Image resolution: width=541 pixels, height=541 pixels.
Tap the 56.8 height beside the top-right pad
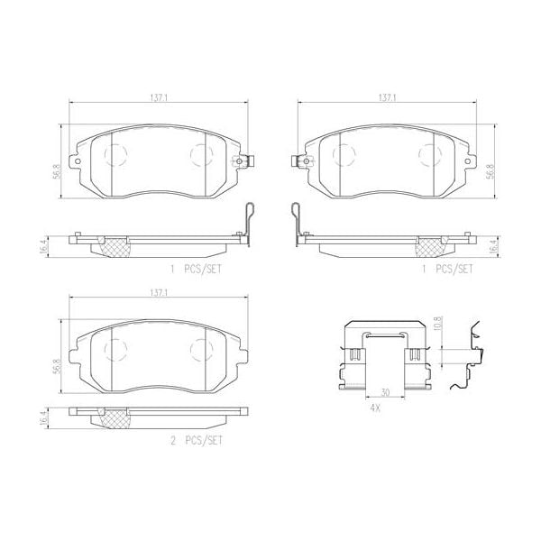tap(491, 171)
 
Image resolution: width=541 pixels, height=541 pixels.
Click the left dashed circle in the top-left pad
tap(115, 155)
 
